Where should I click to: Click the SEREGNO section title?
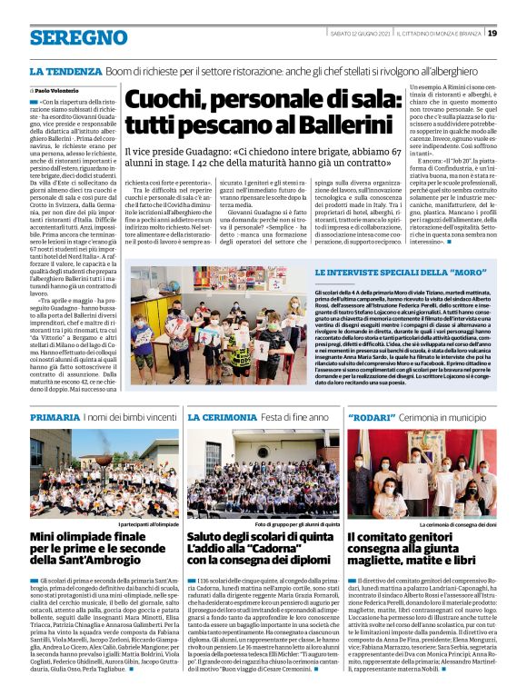click(78, 37)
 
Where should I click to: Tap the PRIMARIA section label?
click(55, 416)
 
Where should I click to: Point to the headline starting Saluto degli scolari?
click(263, 549)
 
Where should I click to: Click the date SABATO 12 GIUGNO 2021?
click(358, 34)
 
